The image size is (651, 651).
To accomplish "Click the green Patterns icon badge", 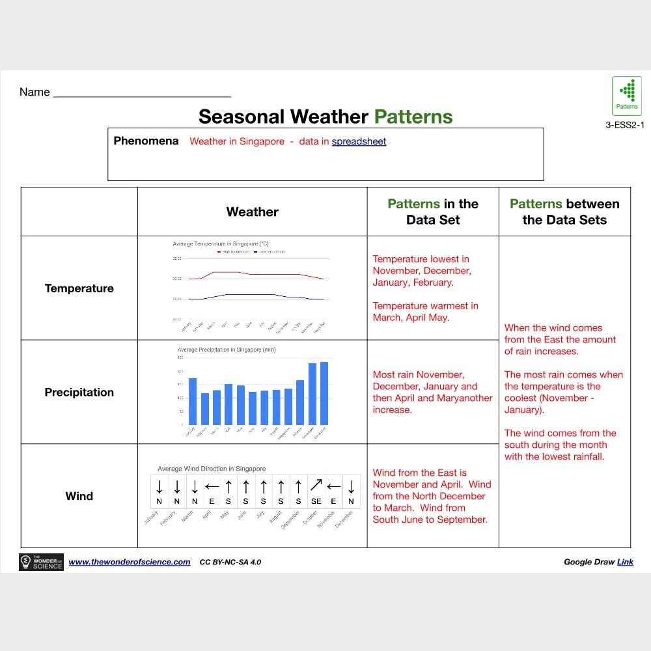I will point(627,96).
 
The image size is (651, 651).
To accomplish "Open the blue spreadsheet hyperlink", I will point(359,141).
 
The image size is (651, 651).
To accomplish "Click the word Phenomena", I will point(146,141).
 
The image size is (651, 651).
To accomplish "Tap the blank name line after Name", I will point(142,93).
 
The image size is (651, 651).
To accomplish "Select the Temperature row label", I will point(79,288).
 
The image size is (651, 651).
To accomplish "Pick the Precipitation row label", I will point(79,393).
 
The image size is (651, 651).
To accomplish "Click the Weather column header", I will point(252,212).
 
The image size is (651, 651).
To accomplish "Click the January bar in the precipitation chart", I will point(193,401).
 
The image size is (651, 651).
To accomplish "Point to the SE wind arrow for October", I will point(316,486).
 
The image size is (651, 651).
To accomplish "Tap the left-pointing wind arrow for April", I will point(212,486).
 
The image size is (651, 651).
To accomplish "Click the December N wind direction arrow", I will point(351,486).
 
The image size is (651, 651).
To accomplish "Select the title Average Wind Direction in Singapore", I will point(212,469).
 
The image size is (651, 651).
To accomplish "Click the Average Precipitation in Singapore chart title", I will point(227,350).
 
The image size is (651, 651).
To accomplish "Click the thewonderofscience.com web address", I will point(130,562).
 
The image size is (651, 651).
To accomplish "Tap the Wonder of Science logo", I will point(42,562).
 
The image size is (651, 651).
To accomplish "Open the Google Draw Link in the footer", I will point(624,562).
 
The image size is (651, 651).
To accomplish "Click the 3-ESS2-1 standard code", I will point(624,125).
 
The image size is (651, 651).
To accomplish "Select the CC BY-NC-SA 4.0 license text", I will point(230,562).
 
